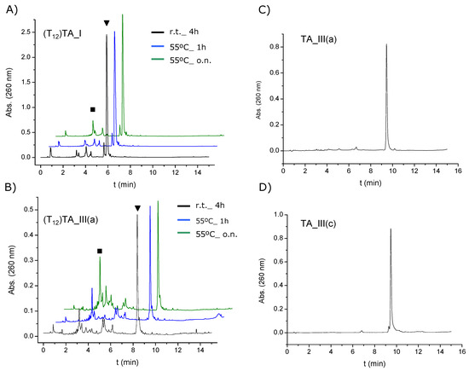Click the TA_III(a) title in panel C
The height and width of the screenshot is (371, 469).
(x=318, y=39)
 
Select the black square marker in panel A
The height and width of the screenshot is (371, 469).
(x=92, y=109)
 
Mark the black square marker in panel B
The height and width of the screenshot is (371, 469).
(x=100, y=251)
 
